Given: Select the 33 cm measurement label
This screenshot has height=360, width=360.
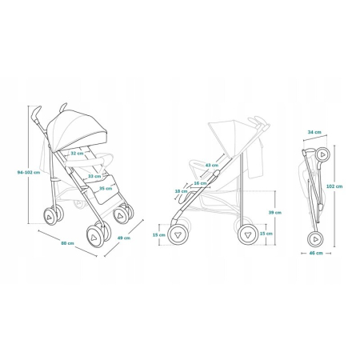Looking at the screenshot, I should point(94,177).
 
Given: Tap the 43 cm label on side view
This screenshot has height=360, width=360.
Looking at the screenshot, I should point(211,166).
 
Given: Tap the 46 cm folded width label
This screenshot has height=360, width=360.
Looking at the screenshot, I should point(318,253).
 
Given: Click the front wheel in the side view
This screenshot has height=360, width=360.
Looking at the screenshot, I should point(178,234).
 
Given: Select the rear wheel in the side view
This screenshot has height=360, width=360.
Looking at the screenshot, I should point(247,234).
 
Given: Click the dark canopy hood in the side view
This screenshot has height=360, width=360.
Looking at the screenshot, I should point(227,128).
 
